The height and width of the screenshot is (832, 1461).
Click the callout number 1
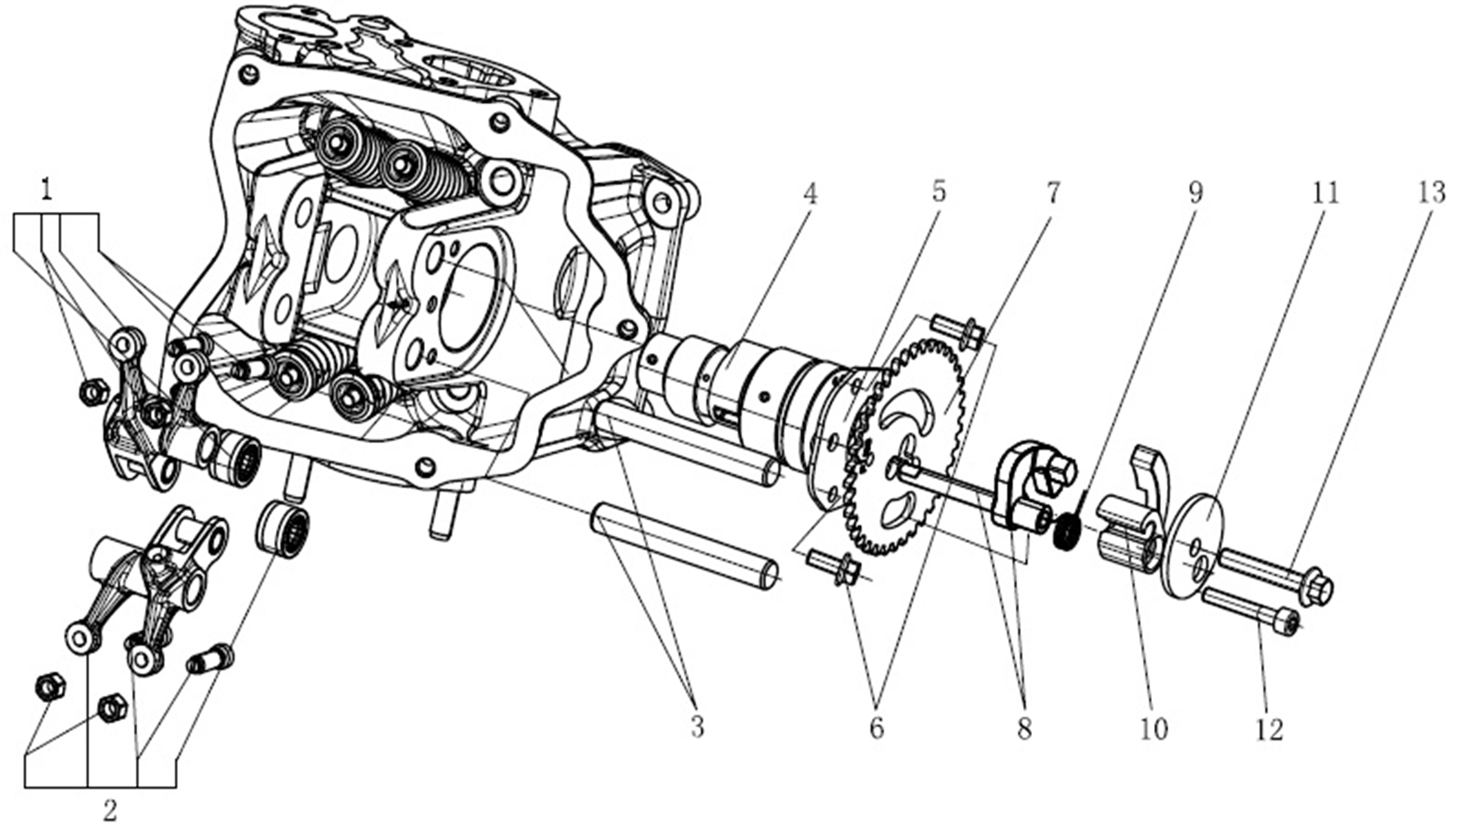point(46,189)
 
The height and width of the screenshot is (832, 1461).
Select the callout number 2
point(110,811)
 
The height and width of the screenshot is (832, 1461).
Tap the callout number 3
point(697,727)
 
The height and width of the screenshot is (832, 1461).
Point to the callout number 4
point(811,194)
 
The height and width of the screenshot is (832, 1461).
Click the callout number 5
point(939,192)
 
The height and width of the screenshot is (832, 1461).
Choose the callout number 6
point(877,729)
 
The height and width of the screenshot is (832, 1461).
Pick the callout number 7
point(1053,194)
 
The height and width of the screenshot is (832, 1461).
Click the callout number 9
point(1195,192)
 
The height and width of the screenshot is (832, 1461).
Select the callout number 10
point(1153,729)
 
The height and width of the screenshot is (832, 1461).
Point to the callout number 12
point(1269,730)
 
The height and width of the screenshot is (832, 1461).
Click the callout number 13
point(1431,192)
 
